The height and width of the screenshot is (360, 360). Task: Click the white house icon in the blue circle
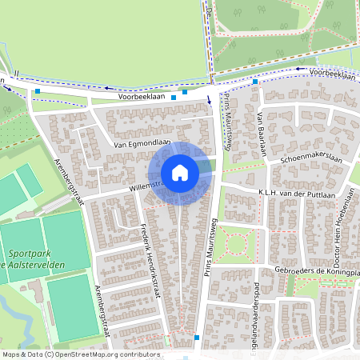click(180, 172)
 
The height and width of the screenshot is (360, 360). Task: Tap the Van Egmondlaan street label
click(143, 144)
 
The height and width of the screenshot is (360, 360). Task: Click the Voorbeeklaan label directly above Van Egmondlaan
click(142, 95)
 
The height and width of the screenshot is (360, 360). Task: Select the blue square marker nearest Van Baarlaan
click(255, 82)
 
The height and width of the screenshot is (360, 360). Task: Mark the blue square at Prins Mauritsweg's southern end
click(196, 338)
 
